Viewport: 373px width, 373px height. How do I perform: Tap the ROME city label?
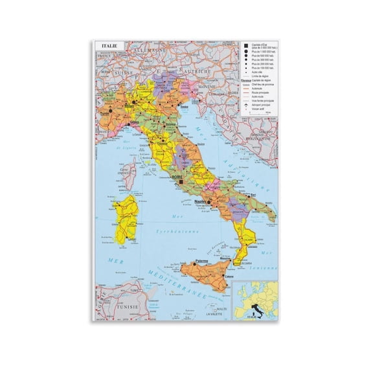(x=177, y=175)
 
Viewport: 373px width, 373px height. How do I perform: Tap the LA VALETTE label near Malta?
(x=215, y=314)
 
